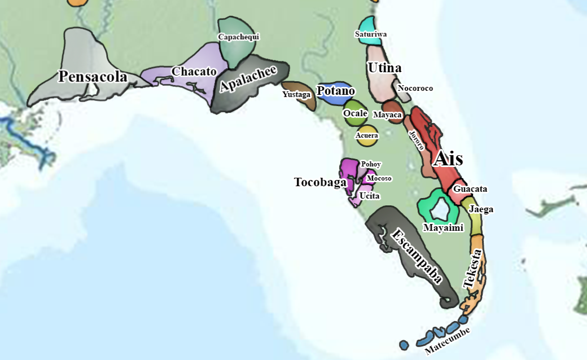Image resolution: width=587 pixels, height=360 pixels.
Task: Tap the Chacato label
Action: tap(194, 72)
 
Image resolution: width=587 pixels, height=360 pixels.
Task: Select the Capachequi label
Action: tap(238, 37)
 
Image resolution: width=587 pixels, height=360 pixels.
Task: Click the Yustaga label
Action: tap(296, 95)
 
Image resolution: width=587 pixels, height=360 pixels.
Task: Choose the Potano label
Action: tap(336, 91)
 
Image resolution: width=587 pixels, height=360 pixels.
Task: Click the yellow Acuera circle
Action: tap(367, 136)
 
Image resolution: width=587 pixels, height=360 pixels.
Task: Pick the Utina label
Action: tap(384, 68)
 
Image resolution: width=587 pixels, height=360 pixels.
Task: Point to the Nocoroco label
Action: tap(415, 88)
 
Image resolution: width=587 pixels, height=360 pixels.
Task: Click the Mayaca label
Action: tap(387, 115)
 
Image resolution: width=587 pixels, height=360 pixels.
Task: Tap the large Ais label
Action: tap(448, 159)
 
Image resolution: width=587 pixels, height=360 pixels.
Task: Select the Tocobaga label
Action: tap(319, 182)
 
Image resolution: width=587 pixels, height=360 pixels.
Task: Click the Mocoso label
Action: tap(379, 178)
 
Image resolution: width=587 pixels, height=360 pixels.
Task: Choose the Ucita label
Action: tap(370, 196)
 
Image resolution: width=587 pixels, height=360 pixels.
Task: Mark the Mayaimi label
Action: tap(443, 228)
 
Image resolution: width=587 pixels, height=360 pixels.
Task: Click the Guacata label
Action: tap(470, 189)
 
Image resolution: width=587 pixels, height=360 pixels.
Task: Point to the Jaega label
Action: tap(481, 209)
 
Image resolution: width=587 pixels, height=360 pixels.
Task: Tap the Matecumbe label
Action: tap(448, 341)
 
